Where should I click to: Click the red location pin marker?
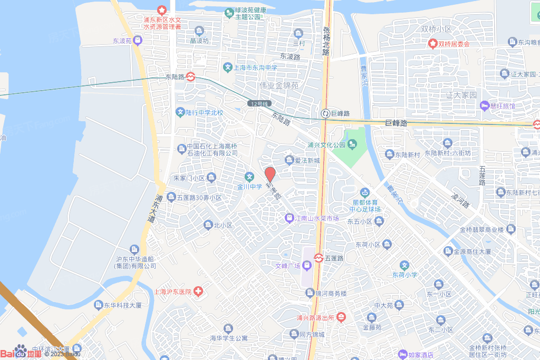point(270,174)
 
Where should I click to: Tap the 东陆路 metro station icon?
point(190,76)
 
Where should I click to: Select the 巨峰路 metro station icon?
point(326,113)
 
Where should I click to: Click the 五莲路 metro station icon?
point(319,258)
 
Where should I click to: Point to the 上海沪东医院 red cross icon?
point(198,291)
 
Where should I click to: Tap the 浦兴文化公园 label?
point(326,144)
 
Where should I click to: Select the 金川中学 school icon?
point(248,177)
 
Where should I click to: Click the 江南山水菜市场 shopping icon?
point(289,218)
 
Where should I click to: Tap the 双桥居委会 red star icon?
point(433,44)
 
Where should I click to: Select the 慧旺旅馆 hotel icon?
point(484,106)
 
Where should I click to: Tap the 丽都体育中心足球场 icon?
point(364,193)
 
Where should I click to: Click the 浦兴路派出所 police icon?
point(341,317)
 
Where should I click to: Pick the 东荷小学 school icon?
point(404,265)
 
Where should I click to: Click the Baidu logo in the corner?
point(21,352)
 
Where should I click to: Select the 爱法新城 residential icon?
point(289,160)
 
